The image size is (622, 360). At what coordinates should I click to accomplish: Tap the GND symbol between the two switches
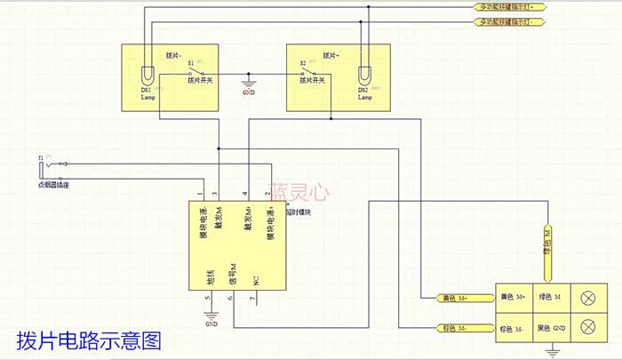coord(250,87)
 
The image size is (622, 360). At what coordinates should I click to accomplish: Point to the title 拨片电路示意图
coord(89,340)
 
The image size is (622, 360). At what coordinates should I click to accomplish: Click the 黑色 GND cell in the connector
coord(552,328)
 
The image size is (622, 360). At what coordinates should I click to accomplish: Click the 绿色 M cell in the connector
coord(552,297)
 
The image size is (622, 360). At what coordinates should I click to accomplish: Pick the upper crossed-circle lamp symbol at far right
coord(587,298)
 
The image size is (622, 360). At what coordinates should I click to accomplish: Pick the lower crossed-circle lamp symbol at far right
coord(587,328)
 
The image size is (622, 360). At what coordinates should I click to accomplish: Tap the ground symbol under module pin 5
coord(211,314)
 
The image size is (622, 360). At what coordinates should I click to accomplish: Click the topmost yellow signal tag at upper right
coord(510,7)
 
